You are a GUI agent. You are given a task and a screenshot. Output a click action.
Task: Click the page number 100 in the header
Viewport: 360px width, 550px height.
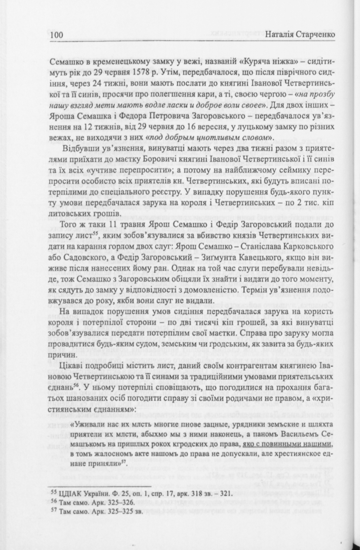[x=57, y=35]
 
